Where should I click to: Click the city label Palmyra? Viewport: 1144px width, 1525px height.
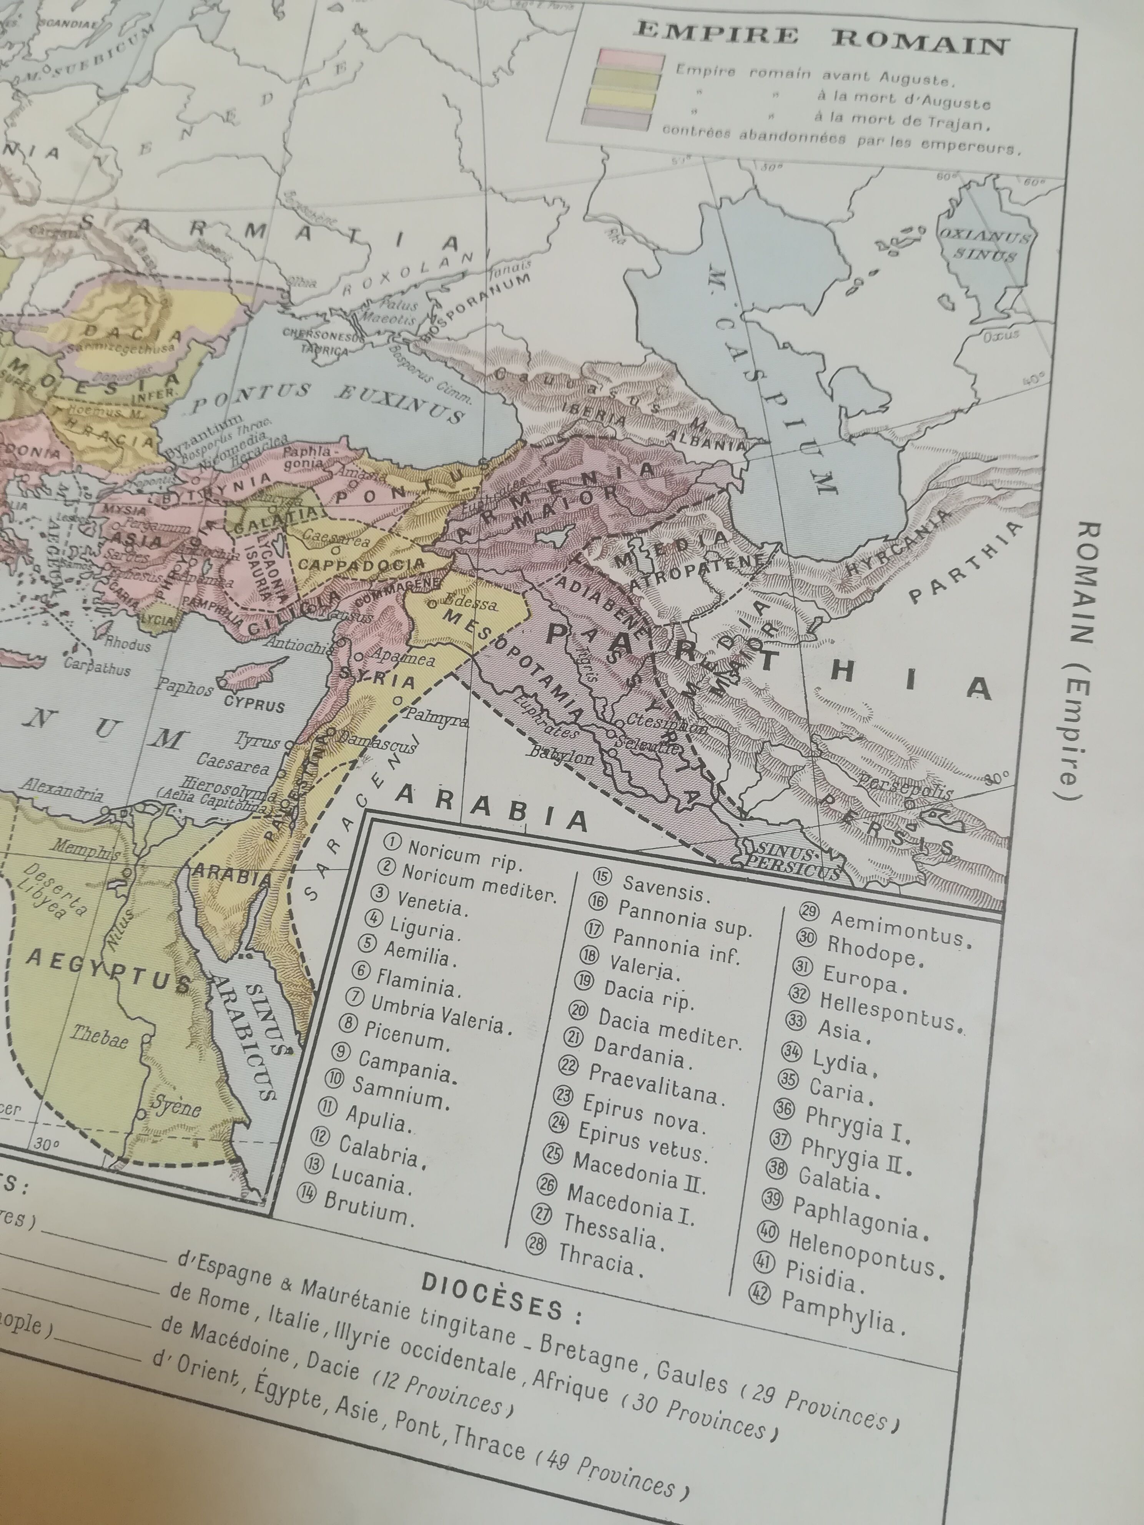[436, 718]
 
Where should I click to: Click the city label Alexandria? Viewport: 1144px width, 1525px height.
[62, 788]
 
